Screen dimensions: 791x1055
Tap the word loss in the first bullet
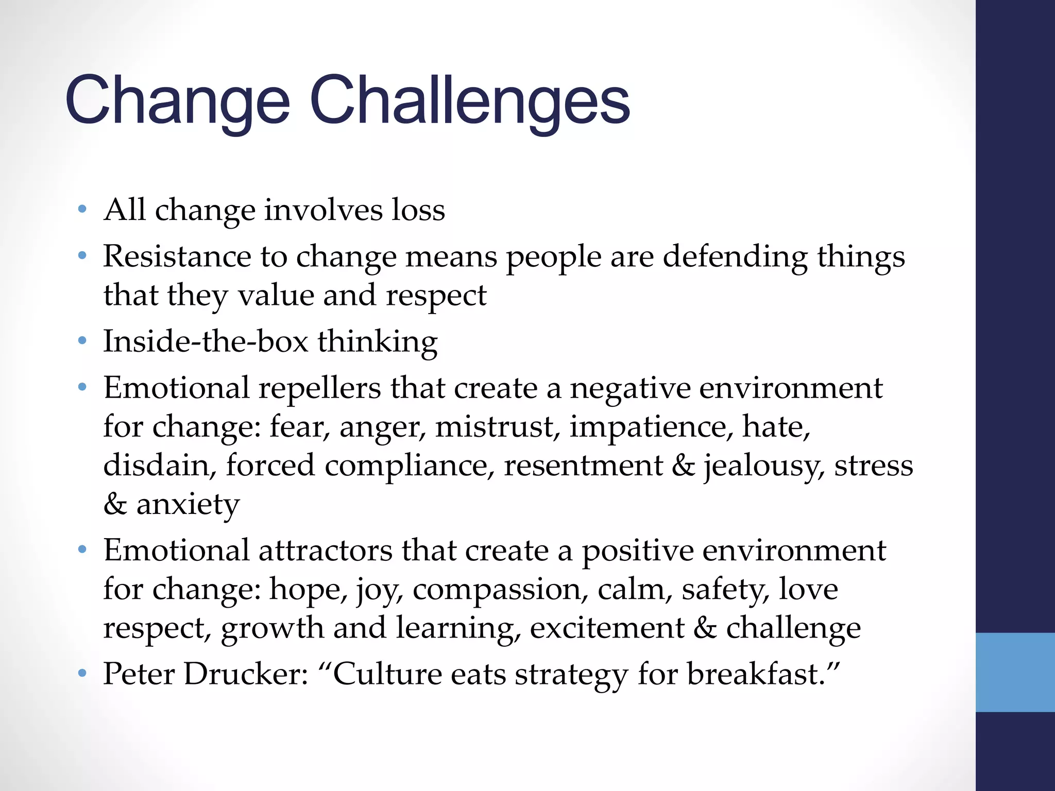(x=418, y=210)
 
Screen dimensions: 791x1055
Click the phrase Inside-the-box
(x=206, y=341)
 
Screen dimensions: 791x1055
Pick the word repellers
(x=319, y=388)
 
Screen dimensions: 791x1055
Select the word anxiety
(x=188, y=504)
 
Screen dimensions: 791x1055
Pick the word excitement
(x=607, y=628)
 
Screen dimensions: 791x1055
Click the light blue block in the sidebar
(x=1015, y=672)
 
